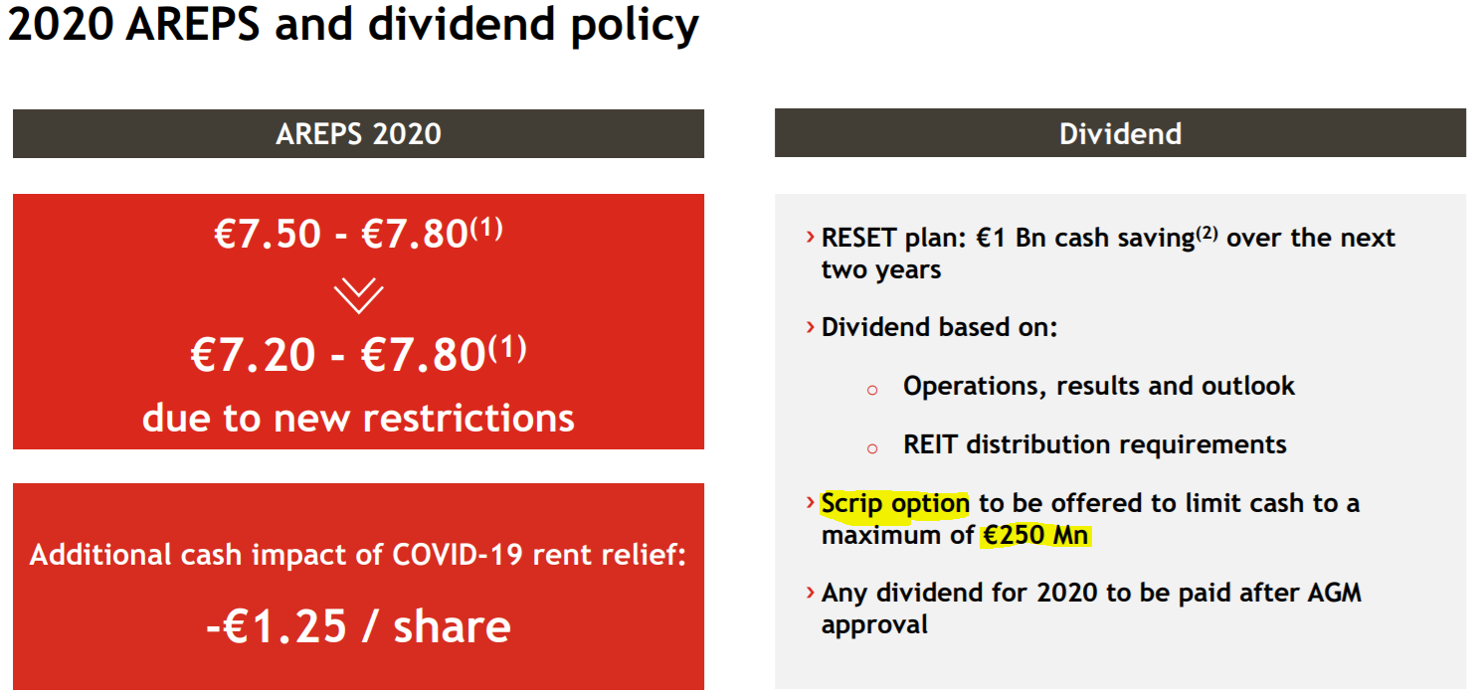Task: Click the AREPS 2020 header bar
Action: [358, 133]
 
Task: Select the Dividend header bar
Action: [1120, 133]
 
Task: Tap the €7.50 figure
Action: [268, 234]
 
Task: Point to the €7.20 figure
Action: [253, 355]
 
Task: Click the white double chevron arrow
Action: [359, 295]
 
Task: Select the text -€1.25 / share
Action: [359, 626]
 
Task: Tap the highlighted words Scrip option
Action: [895, 504]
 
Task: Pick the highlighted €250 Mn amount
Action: [1035, 535]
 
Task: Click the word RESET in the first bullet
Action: [858, 238]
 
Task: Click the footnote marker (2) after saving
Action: [1206, 233]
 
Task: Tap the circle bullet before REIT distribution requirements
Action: [872, 449]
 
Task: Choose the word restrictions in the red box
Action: [468, 419]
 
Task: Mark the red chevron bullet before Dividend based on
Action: [810, 327]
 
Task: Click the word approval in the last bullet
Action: [874, 624]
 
